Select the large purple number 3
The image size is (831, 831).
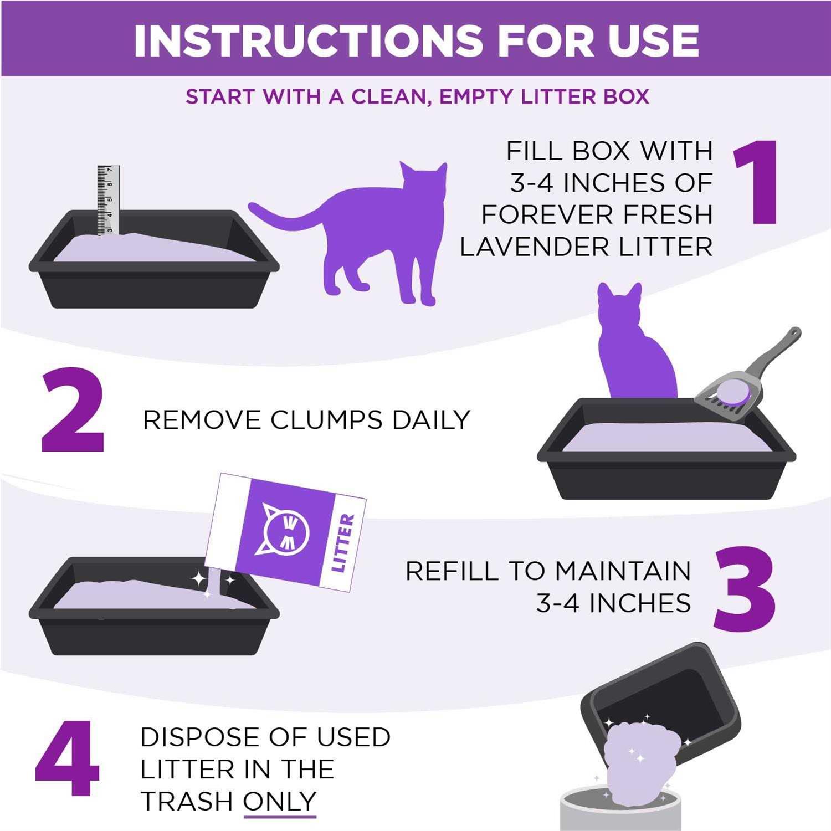click(x=743, y=588)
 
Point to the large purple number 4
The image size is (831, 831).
click(x=68, y=759)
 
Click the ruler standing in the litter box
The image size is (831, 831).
click(x=108, y=199)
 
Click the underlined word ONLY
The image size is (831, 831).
click(x=280, y=802)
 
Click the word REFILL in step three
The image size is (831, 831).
click(x=452, y=571)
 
